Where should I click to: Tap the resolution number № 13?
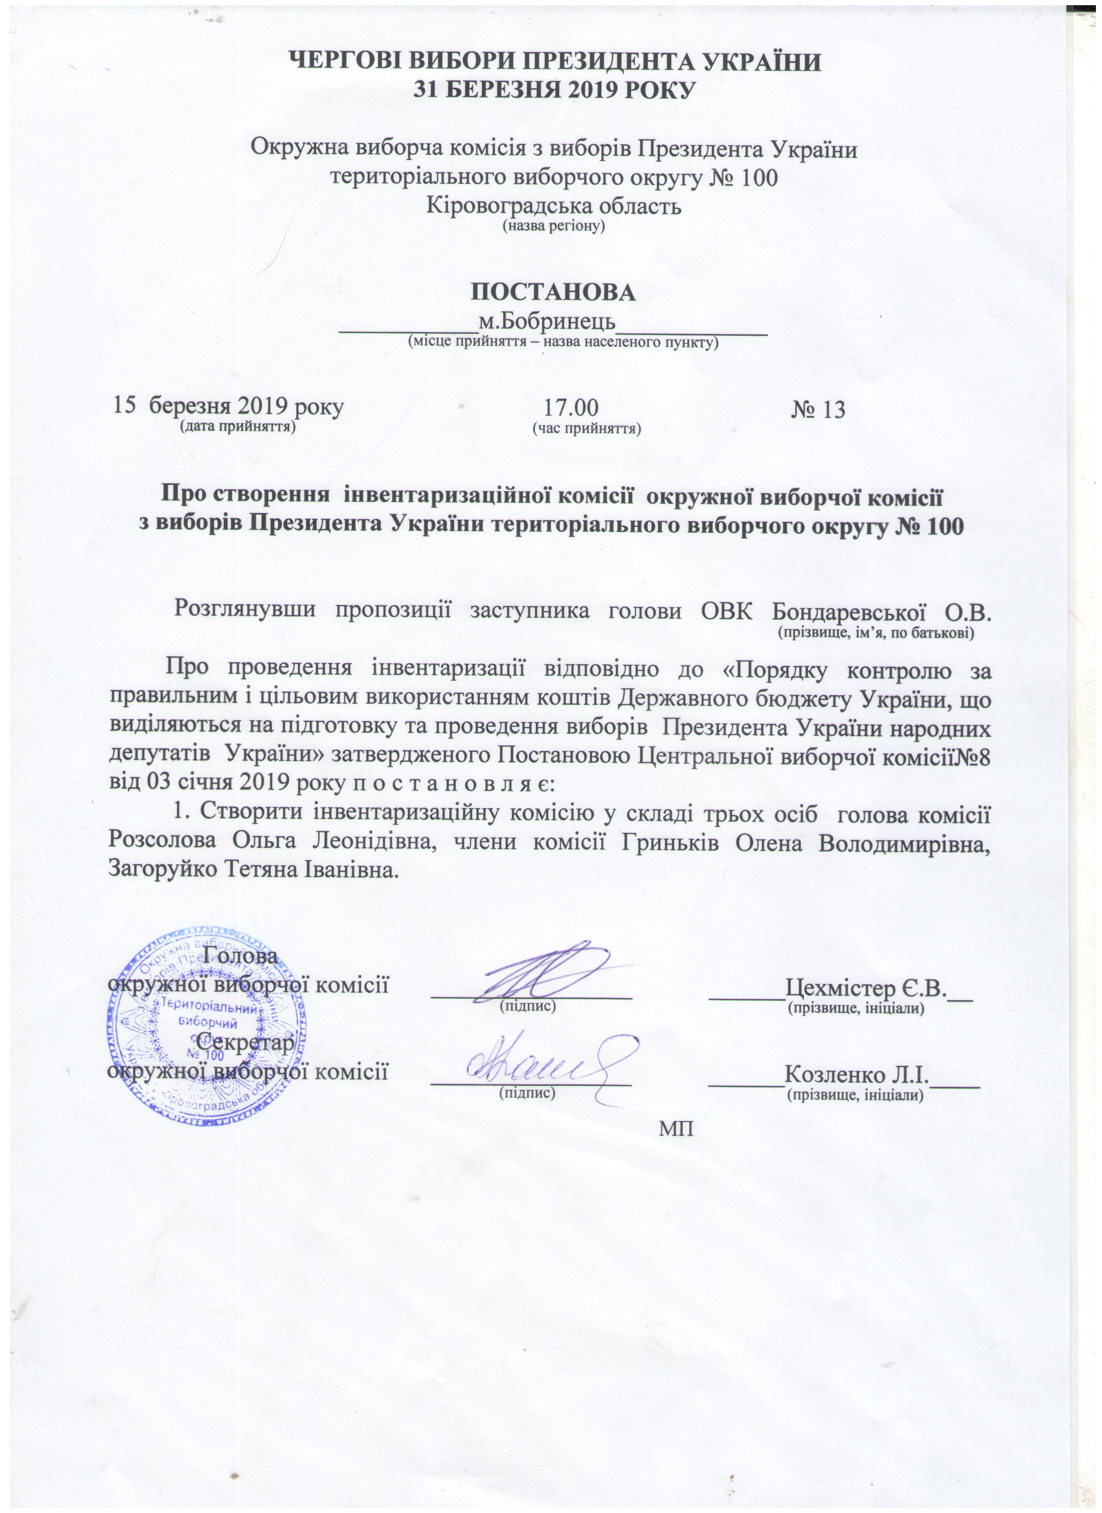(818, 409)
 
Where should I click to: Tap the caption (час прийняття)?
(585, 427)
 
